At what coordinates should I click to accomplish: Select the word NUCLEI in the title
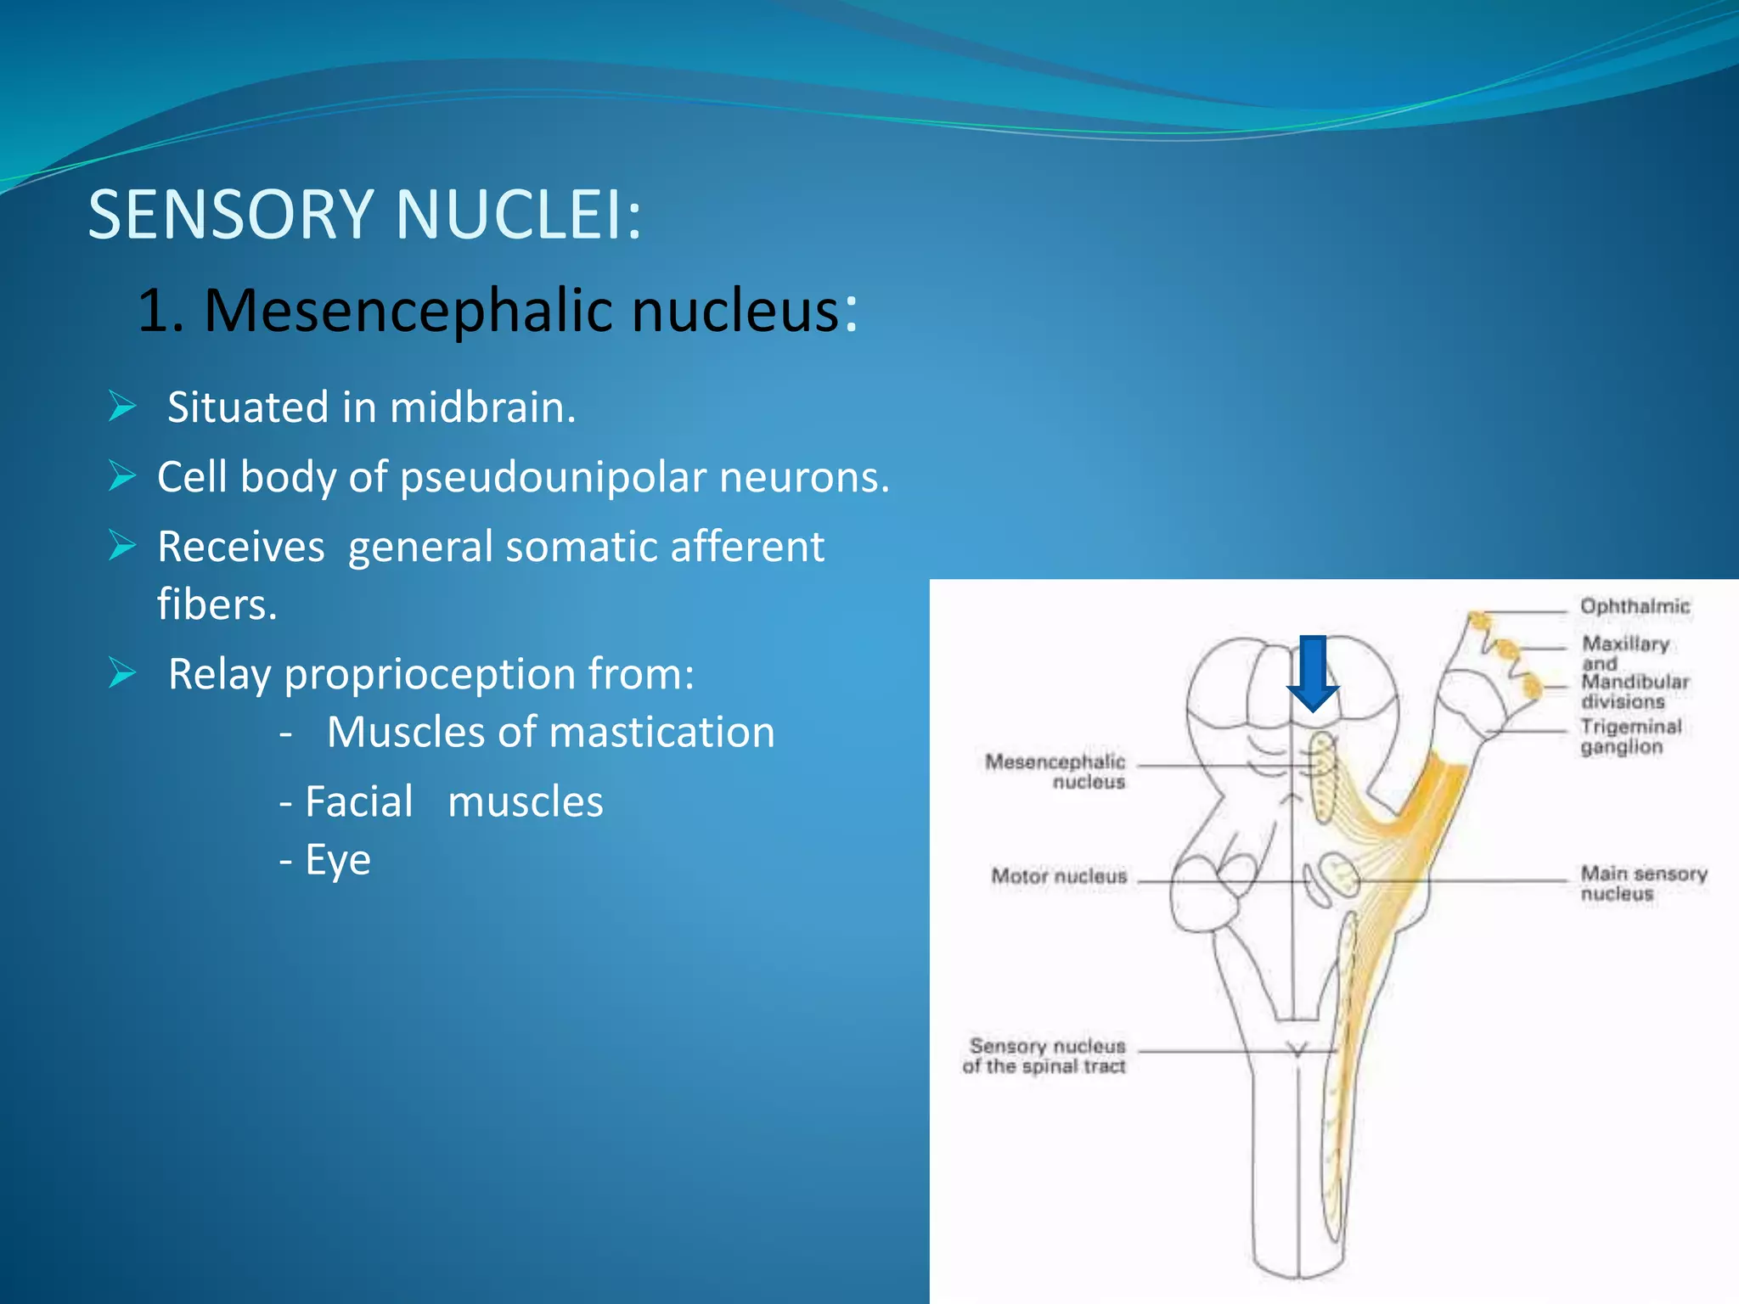pos(517,215)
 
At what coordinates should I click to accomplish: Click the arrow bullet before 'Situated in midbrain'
pos(122,407)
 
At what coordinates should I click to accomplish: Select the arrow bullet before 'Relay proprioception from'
pos(122,673)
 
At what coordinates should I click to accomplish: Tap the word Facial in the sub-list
pos(358,802)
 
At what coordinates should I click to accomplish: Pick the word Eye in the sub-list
pos(338,861)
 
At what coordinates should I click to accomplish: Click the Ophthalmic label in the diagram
pos(1635,606)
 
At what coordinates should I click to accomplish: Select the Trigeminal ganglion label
pos(1629,737)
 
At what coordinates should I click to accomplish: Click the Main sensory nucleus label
pos(1642,883)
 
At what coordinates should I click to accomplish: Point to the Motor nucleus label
pos(1059,876)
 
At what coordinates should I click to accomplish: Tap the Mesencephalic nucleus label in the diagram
pos(1055,771)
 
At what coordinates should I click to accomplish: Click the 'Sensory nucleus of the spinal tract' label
pos(1045,1056)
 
